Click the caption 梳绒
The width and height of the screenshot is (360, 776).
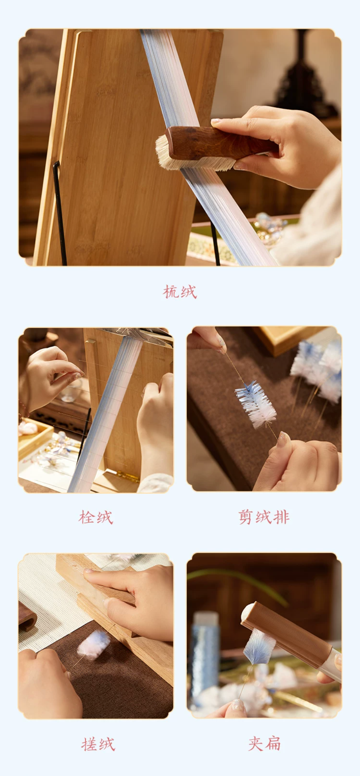tap(180, 292)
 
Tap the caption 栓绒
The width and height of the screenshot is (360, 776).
tap(96, 517)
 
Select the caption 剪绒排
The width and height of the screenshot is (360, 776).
tap(264, 517)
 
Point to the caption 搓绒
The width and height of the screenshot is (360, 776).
tap(98, 744)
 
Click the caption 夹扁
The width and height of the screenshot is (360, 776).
tap(264, 744)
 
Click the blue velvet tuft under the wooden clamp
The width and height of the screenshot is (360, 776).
tap(259, 648)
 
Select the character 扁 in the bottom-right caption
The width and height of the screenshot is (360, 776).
tap(273, 744)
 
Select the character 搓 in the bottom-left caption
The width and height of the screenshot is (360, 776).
tap(89, 744)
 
